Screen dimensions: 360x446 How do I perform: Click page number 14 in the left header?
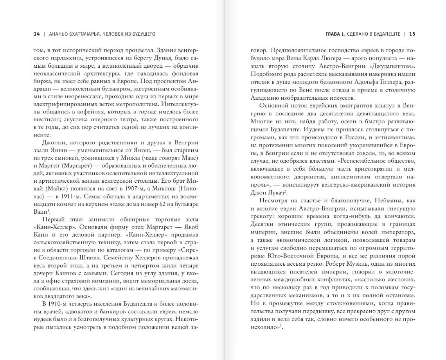click(37, 34)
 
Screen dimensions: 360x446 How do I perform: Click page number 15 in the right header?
click(412, 34)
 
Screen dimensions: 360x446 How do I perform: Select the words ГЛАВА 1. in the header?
click(335, 34)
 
